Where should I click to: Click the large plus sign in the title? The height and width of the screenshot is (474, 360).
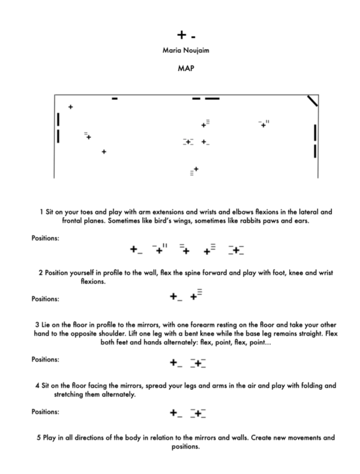coord(181,35)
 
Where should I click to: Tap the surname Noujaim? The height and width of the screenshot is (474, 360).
coord(195,50)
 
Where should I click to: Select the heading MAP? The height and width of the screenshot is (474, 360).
coord(186,69)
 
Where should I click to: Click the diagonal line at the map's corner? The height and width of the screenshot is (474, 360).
coord(313,101)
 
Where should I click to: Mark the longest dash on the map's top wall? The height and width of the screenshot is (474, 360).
coord(212,99)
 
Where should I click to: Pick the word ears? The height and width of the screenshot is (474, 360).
coord(302,221)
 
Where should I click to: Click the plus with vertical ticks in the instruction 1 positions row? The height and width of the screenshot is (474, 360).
coord(159,250)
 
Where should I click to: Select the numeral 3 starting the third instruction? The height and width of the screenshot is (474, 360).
coord(37,324)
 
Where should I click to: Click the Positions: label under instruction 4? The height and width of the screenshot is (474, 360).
coord(45,412)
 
